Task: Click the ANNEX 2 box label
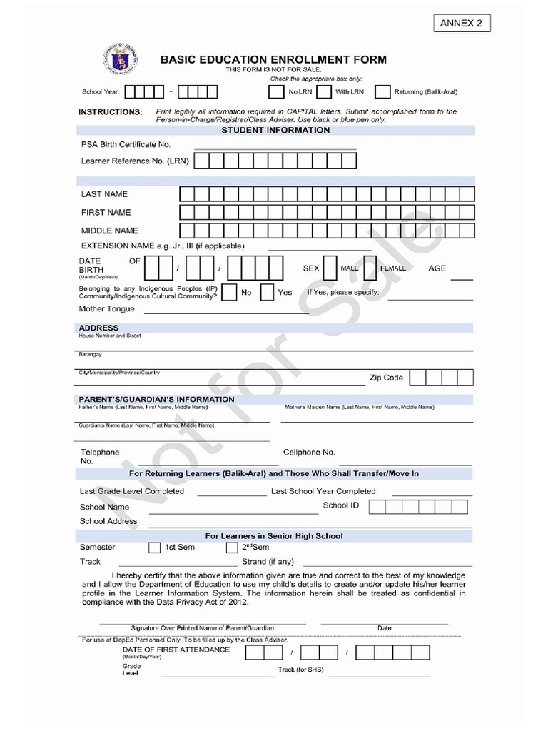(x=462, y=24)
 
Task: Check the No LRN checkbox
(x=275, y=92)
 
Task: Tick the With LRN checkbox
(x=324, y=92)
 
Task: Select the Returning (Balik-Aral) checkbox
(x=382, y=92)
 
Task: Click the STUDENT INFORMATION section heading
(x=275, y=131)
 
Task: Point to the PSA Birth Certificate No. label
(x=126, y=145)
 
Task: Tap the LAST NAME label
(x=104, y=194)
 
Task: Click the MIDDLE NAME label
(x=109, y=231)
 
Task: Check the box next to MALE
(x=330, y=268)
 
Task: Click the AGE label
(x=437, y=268)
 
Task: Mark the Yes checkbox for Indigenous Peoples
(x=267, y=293)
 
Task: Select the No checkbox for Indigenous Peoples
(x=230, y=293)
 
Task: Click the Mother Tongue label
(x=106, y=309)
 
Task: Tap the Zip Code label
(x=386, y=378)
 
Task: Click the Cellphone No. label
(x=309, y=453)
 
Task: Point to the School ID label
(x=335, y=505)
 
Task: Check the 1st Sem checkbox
(x=154, y=548)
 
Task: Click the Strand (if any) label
(x=268, y=562)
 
